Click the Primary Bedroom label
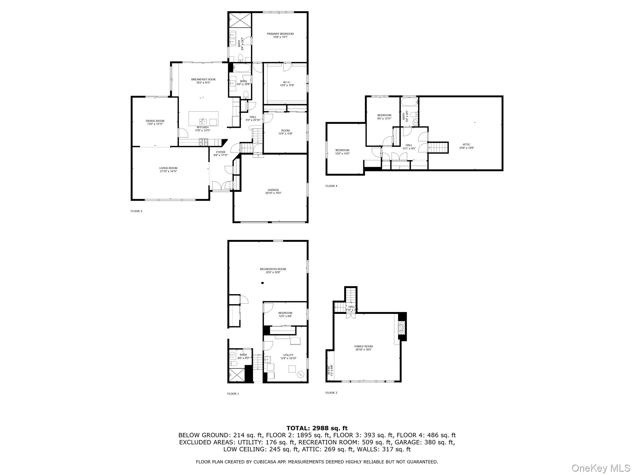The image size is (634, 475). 280,34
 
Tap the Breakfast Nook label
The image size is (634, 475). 203,79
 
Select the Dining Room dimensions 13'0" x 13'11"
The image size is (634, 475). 155,124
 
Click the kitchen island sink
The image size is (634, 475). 203,121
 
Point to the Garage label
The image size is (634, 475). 273,190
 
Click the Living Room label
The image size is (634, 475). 168,168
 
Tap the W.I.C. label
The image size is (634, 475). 286,82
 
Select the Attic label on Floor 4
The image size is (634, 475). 466,144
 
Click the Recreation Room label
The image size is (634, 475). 273,269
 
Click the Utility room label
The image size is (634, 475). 288,355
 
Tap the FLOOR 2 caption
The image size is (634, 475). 137,211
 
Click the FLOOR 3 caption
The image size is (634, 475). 331,393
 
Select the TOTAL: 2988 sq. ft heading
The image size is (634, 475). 317,428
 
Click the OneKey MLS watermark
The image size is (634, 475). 601,468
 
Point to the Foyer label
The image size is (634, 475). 221,152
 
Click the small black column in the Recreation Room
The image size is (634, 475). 262,283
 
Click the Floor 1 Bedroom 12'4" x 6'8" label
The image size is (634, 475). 285,313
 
